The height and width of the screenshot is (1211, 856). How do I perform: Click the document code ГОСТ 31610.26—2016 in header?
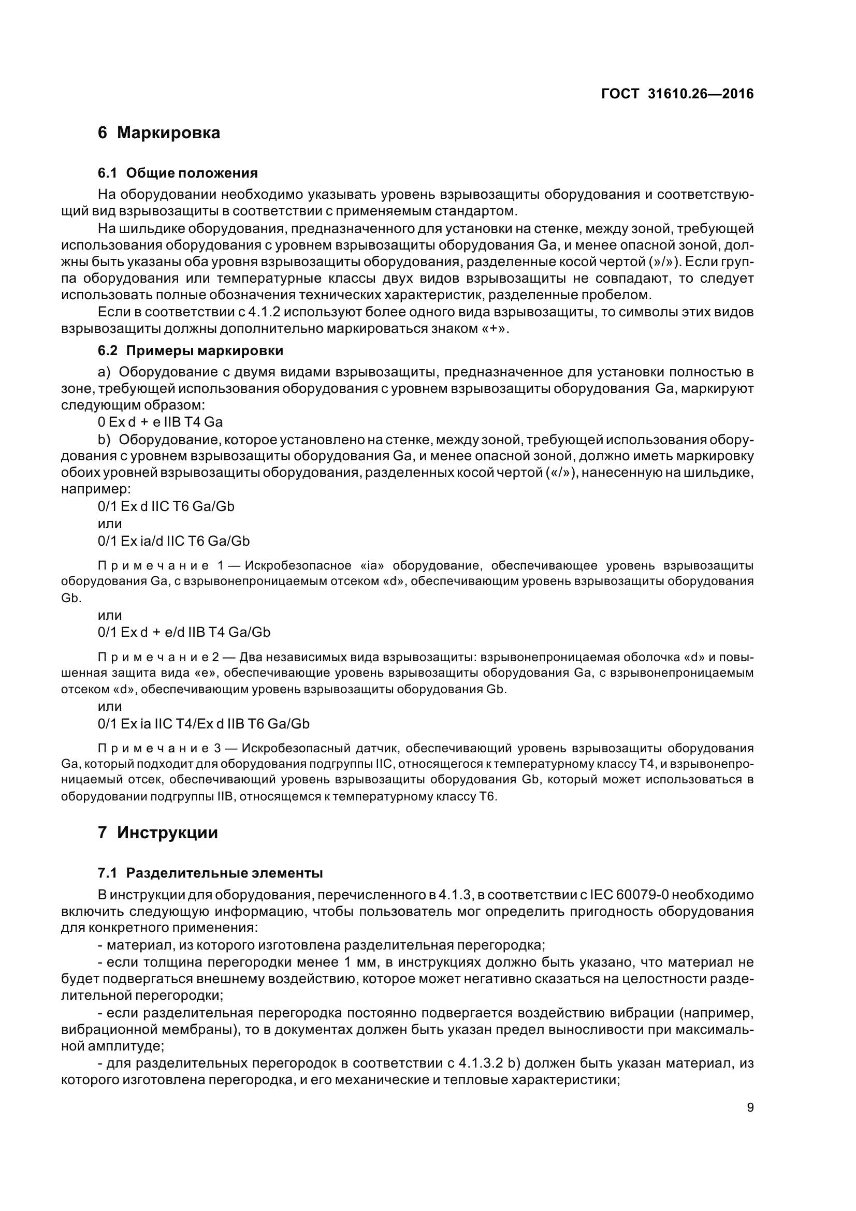point(677,94)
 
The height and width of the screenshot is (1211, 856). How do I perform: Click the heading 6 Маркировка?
point(159,133)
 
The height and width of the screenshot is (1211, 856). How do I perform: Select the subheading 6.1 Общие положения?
point(178,173)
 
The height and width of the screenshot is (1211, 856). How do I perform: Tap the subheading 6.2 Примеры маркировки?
point(191,351)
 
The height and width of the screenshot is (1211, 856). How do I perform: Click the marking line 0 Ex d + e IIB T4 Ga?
point(160,422)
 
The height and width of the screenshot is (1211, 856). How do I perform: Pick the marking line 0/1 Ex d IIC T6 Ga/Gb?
point(166,506)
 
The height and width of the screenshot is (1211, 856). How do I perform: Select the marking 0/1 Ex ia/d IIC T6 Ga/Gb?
point(173,541)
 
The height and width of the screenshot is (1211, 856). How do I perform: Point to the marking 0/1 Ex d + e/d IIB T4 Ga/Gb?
point(184,632)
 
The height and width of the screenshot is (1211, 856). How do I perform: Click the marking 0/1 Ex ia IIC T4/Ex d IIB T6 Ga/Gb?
point(204,724)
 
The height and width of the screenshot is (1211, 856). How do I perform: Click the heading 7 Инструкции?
point(158,833)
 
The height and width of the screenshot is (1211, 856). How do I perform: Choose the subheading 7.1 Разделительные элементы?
point(210,873)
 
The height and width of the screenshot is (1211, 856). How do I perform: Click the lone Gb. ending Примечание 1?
point(71,599)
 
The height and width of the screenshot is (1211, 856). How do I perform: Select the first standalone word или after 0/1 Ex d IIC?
point(110,524)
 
